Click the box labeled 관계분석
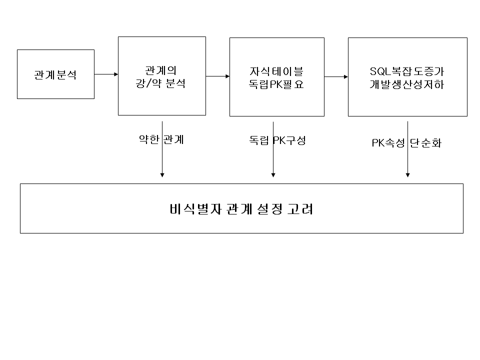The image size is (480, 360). [55, 74]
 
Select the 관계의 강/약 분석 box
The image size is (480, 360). [161, 76]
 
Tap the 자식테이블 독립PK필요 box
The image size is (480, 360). [276, 76]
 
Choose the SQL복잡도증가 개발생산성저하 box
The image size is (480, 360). [407, 76]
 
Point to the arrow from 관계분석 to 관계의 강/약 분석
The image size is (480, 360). [106, 74]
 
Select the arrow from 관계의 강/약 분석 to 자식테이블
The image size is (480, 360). [217, 76]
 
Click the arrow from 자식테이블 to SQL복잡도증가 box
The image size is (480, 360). [336, 76]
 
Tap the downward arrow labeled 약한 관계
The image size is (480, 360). [162, 160]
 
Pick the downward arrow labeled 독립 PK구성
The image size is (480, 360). [273, 160]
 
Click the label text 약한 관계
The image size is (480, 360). [161, 139]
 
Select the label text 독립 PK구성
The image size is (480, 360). [277, 140]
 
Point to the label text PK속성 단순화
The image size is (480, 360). [406, 143]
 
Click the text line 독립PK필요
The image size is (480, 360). [276, 84]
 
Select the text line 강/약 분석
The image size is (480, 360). [161, 84]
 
